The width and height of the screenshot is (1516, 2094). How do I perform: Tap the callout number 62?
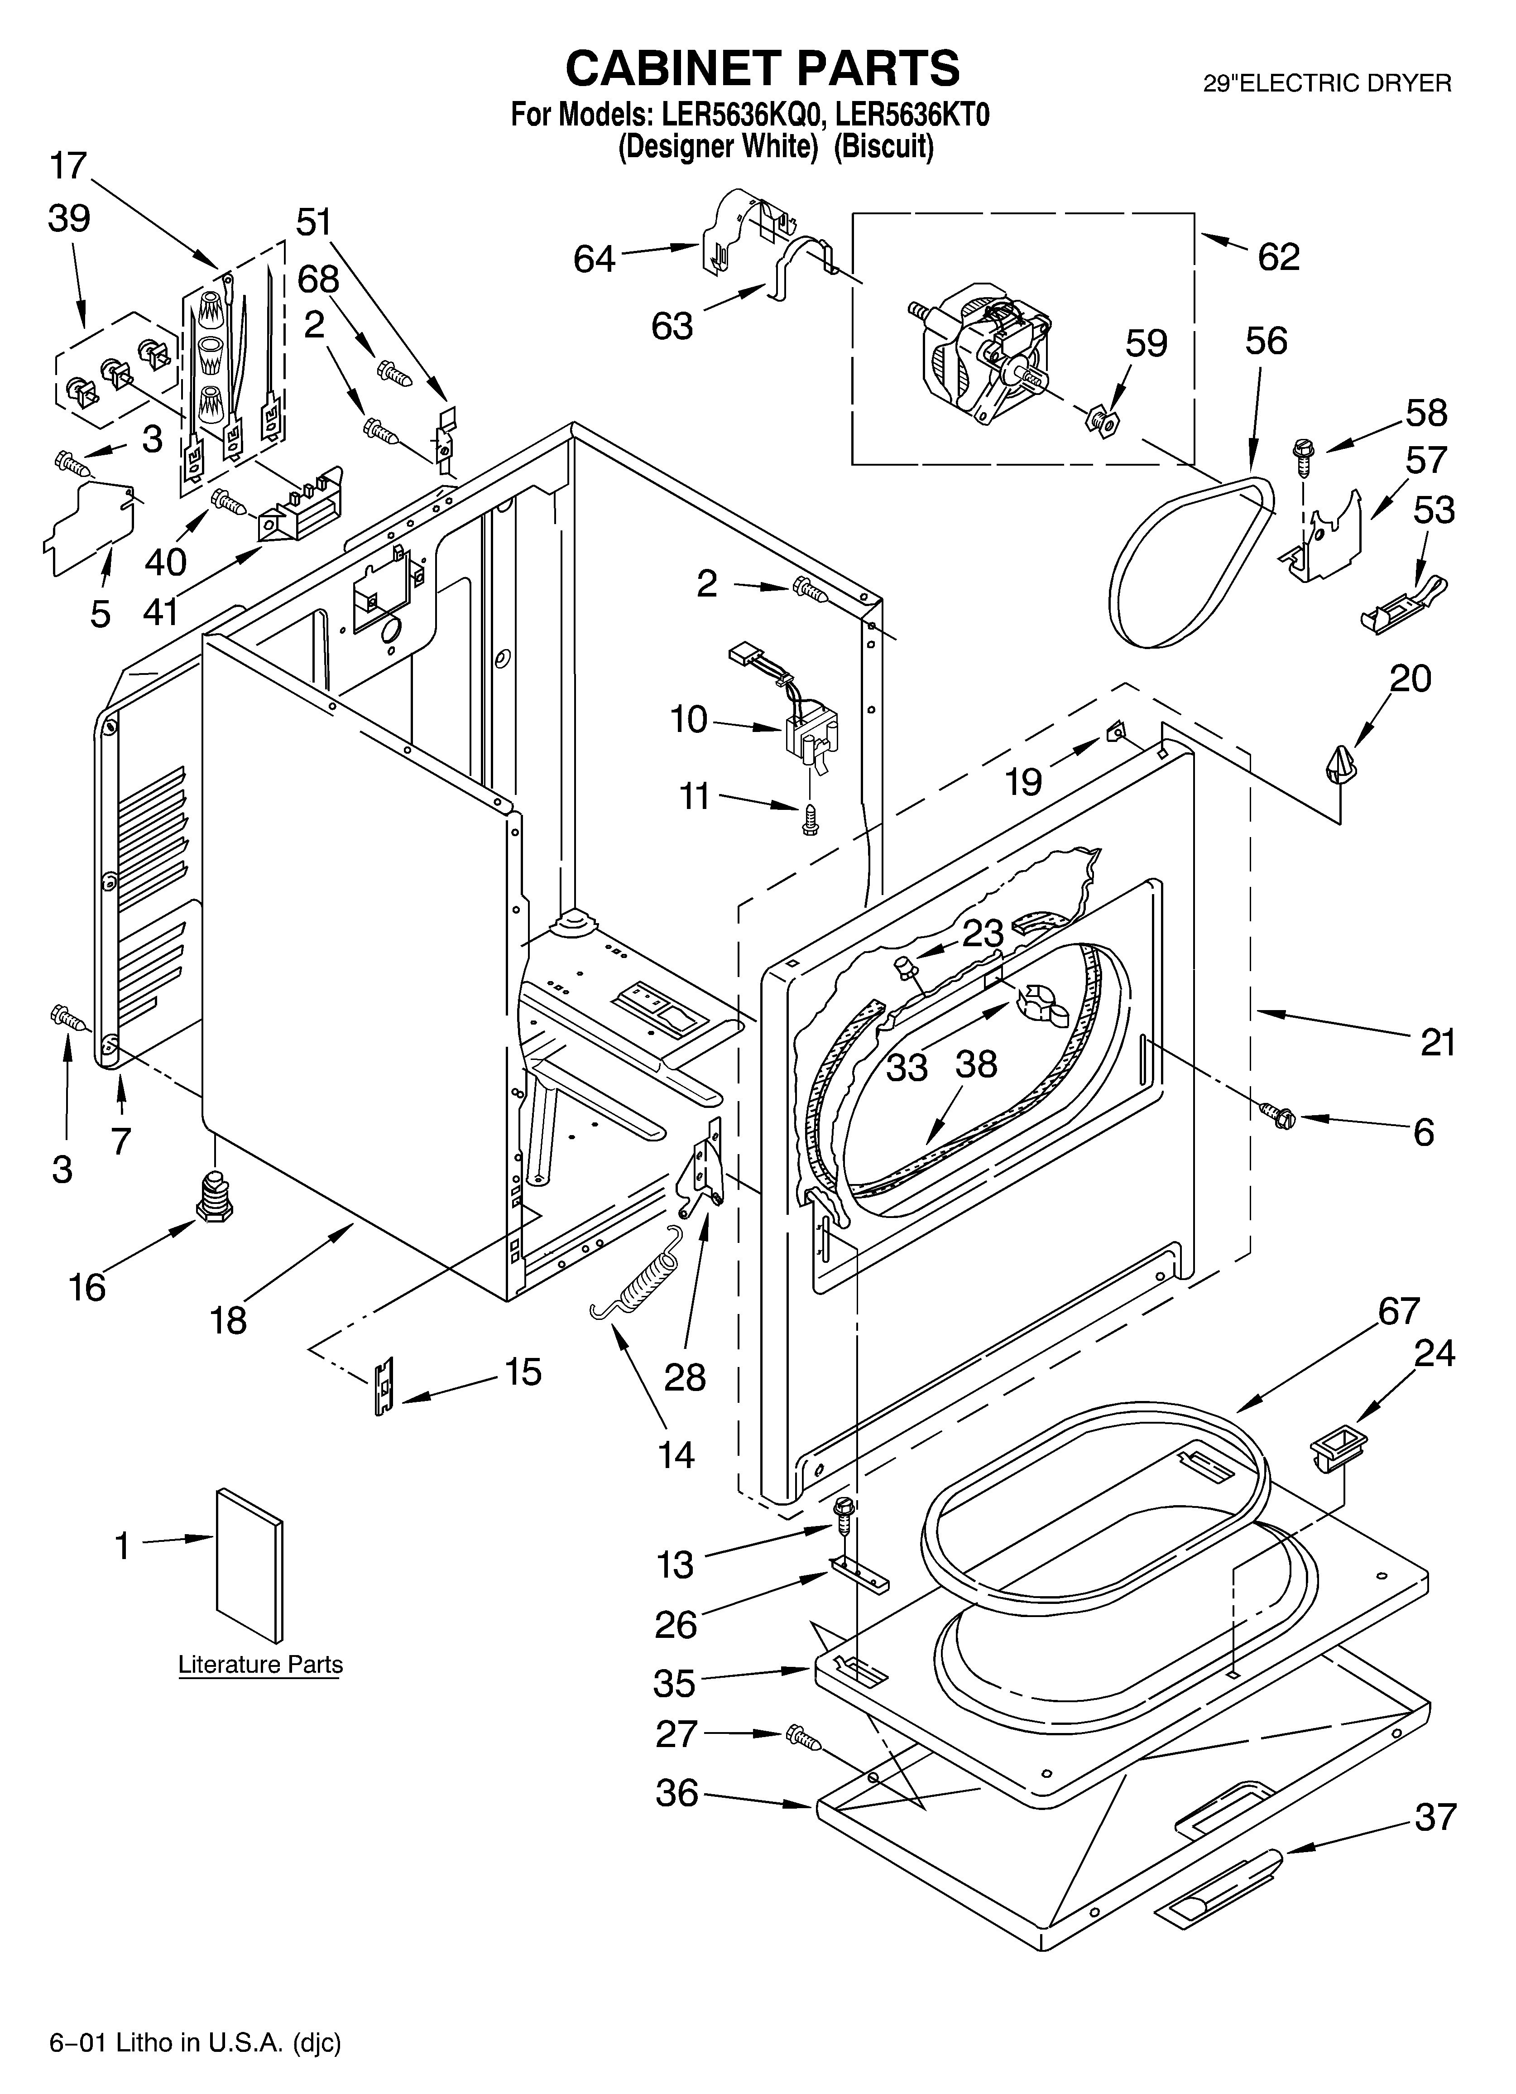tap(1279, 257)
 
